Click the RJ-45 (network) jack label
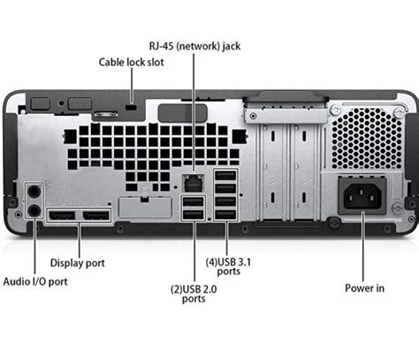(x=194, y=44)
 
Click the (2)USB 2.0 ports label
(x=194, y=293)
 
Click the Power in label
(x=366, y=287)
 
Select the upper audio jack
(x=34, y=190)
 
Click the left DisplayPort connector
(x=61, y=217)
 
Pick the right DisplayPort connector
(x=96, y=217)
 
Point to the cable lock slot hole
(x=133, y=106)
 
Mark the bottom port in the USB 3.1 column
(x=225, y=214)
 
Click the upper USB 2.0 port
(x=193, y=203)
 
